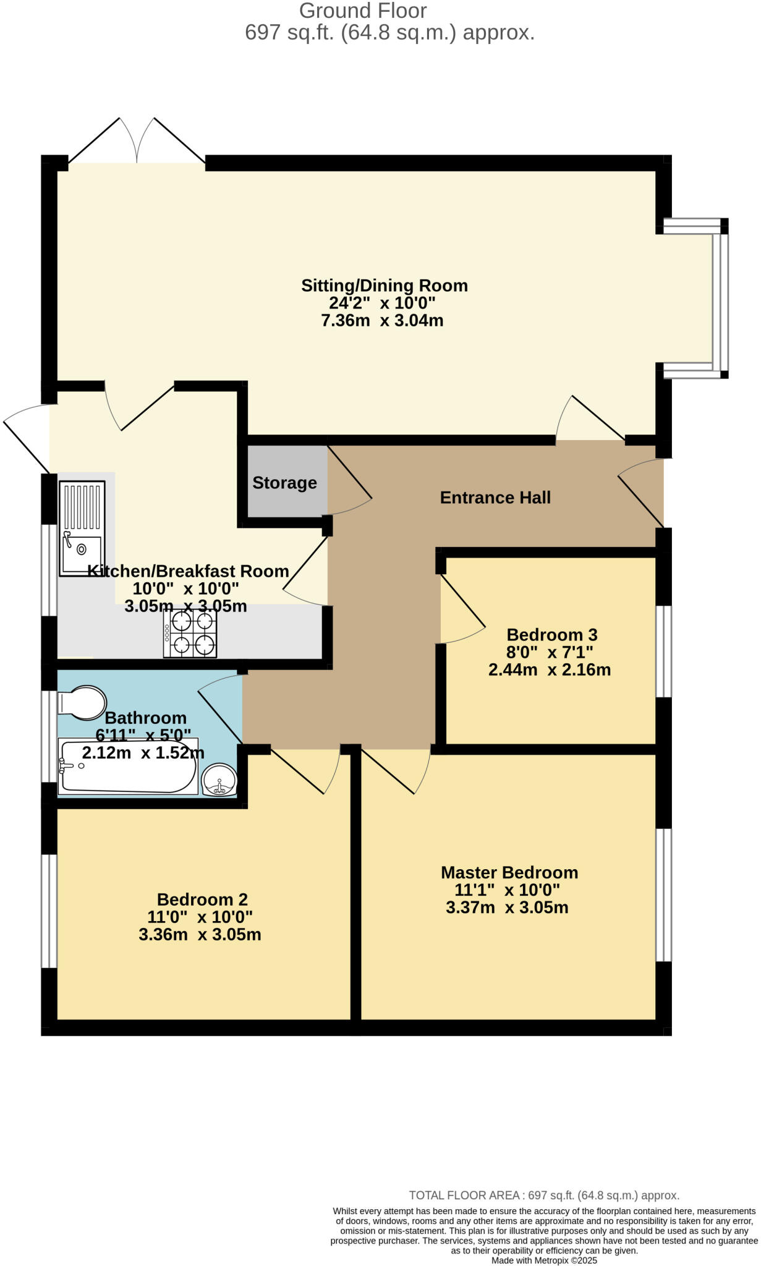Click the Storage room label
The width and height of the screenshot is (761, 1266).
coord(284,483)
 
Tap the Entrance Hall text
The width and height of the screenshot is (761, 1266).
coord(495,498)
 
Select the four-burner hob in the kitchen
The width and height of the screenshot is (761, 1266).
coord(190,633)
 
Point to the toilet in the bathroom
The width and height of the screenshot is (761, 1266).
coord(82,702)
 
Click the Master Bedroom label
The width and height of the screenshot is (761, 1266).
coord(509,873)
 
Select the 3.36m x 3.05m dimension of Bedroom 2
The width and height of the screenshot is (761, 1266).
coord(200,935)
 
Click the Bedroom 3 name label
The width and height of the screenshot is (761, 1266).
coord(551,635)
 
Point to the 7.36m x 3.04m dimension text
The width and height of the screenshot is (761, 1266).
coord(382,321)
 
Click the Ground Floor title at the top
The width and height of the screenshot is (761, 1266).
coord(363,11)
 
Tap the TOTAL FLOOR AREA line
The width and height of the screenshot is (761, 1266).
coord(544,1196)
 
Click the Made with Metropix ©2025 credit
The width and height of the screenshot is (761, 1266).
coord(544,1260)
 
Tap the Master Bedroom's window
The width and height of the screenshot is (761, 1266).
coord(663,894)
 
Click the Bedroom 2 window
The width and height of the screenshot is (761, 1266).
coord(49,911)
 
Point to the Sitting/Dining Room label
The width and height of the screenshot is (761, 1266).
coord(384,286)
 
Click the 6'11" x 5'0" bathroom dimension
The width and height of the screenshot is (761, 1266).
coord(143,736)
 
